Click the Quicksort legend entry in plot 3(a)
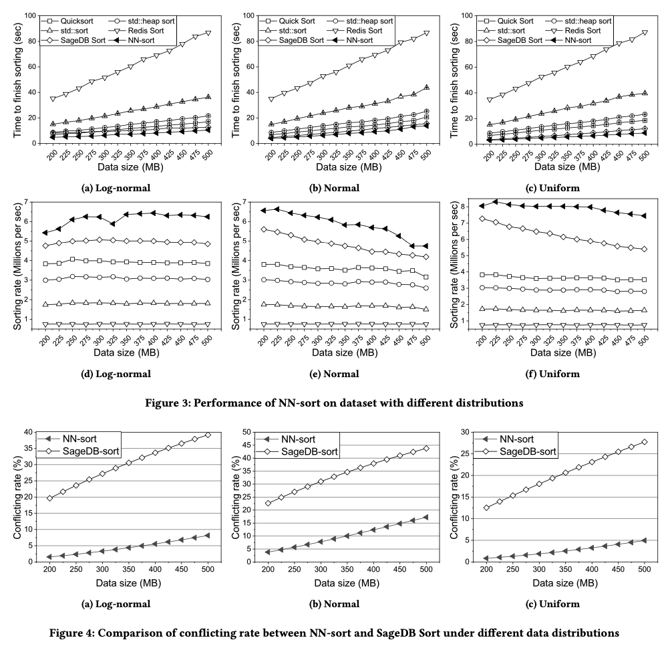(x=67, y=21)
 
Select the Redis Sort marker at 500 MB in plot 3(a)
(x=208, y=33)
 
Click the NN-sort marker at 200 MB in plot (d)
(x=45, y=233)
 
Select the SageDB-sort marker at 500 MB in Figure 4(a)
(x=208, y=435)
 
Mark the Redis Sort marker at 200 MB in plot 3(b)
(x=271, y=99)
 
